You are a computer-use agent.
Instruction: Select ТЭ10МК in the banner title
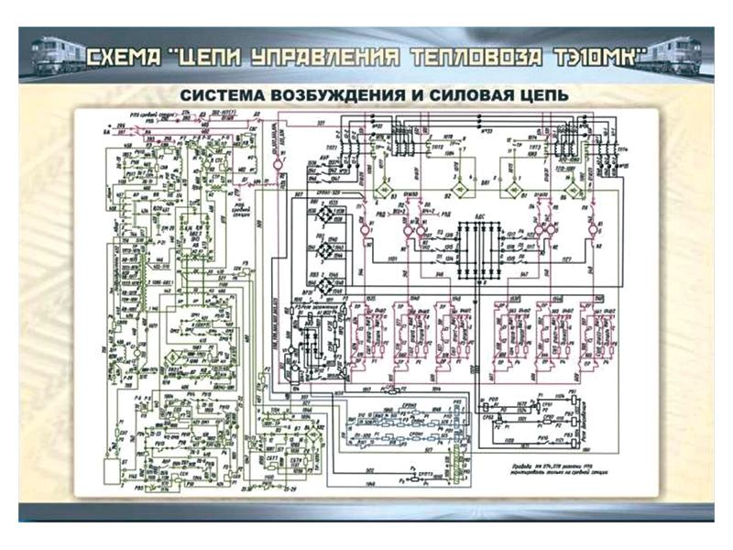(596, 59)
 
